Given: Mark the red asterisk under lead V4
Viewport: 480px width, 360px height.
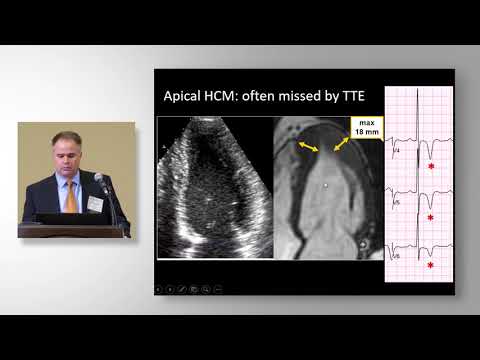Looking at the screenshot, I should (431, 167).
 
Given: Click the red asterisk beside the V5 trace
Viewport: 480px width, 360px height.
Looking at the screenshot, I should (431, 217).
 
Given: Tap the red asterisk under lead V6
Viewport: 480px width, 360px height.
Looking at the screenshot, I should (431, 266).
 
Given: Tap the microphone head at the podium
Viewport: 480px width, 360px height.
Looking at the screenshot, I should (98, 178).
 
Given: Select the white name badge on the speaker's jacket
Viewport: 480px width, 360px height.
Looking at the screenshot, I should (94, 203).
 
